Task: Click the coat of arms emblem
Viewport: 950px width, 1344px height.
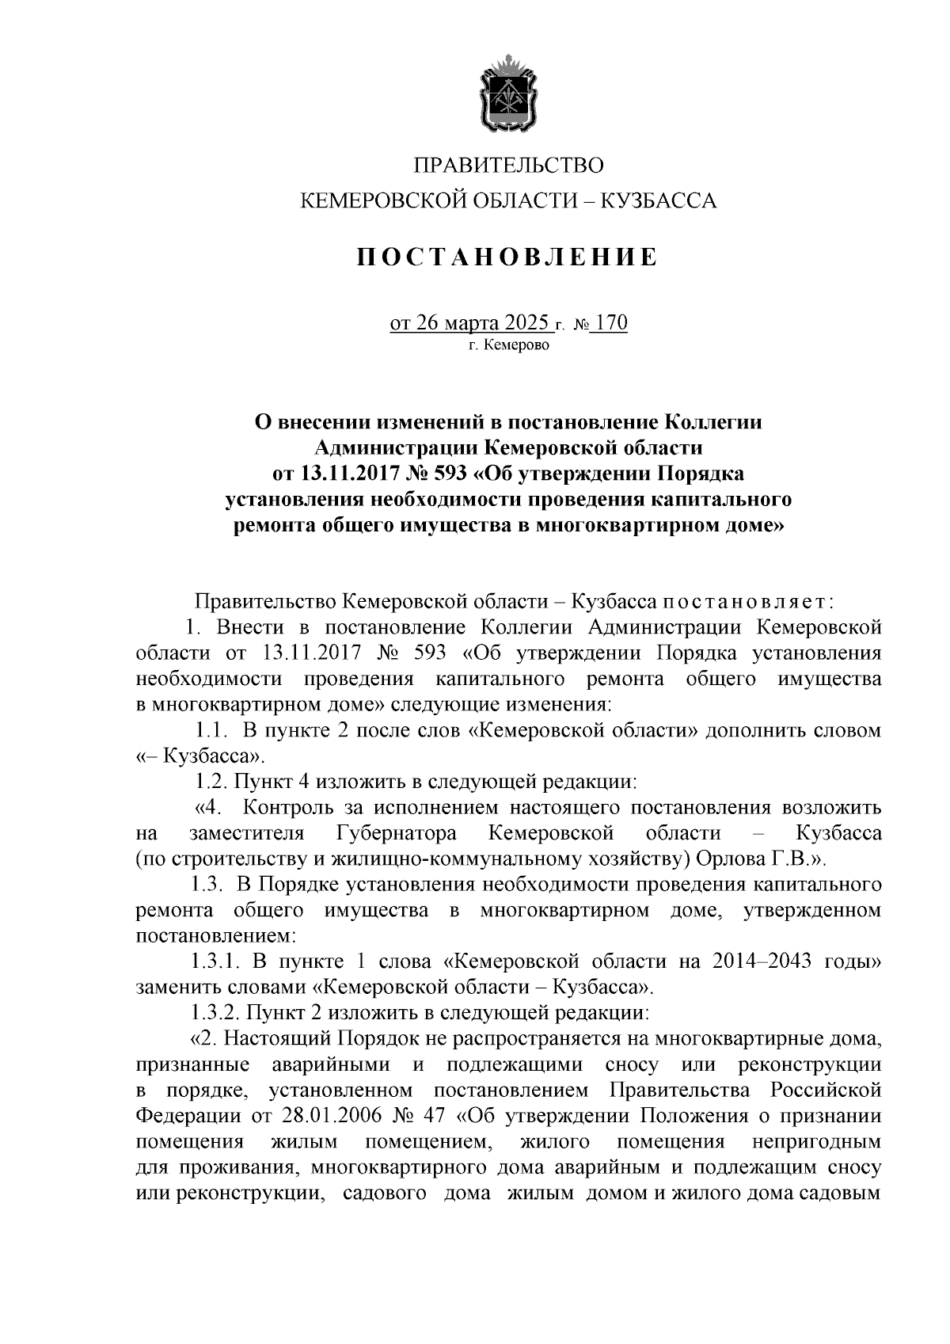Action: click(x=508, y=93)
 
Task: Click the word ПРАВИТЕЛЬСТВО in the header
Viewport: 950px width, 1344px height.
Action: click(x=509, y=165)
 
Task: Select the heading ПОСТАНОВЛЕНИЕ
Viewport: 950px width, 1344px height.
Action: click(x=507, y=257)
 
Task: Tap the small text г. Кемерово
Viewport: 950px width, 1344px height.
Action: click(x=507, y=346)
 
